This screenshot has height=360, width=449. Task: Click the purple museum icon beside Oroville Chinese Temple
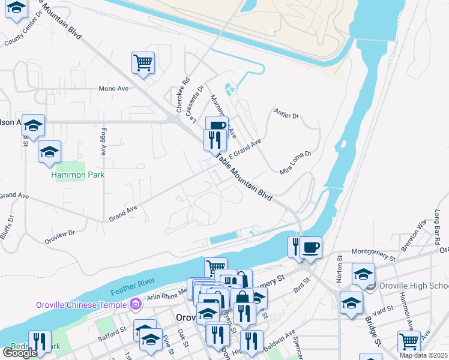point(136,304)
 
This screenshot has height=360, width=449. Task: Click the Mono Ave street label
point(113,88)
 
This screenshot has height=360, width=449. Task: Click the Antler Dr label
point(286,113)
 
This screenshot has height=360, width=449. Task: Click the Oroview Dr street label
point(59,236)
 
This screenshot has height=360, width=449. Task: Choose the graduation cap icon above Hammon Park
point(49,152)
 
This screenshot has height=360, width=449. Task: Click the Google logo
point(20,353)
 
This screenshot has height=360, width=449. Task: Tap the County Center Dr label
point(25,31)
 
